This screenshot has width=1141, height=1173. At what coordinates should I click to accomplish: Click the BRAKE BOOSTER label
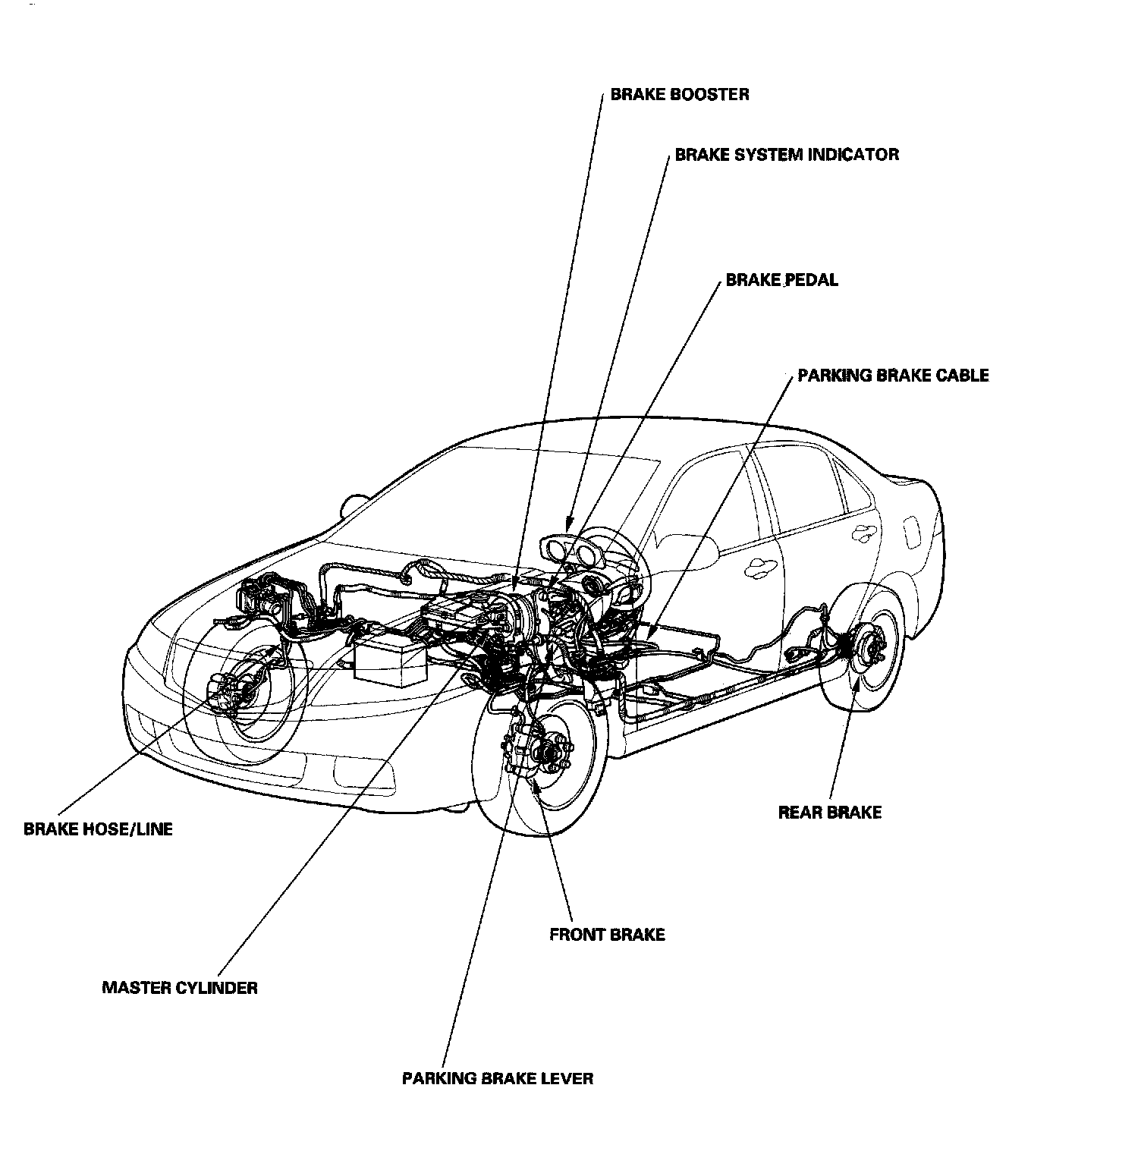pyautogui.click(x=680, y=95)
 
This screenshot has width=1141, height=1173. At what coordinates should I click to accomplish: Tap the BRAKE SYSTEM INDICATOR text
pyautogui.click(x=787, y=155)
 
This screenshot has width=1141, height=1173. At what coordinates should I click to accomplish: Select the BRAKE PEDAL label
pyautogui.click(x=781, y=280)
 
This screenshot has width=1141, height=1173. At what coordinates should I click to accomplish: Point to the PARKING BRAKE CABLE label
pyautogui.click(x=893, y=376)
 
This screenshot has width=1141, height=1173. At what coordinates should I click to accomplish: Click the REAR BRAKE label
pyautogui.click(x=829, y=813)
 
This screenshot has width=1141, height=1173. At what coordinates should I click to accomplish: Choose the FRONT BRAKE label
pyautogui.click(x=607, y=934)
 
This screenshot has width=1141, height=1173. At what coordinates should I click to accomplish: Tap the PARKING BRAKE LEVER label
pyautogui.click(x=498, y=1078)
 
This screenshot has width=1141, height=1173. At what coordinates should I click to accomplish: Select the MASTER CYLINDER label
pyautogui.click(x=180, y=988)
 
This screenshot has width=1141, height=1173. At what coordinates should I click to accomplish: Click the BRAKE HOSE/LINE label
pyautogui.click(x=99, y=829)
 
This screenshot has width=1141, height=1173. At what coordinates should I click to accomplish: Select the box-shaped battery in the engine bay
pyautogui.click(x=391, y=662)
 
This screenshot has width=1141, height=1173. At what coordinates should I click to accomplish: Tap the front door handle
pyautogui.click(x=759, y=567)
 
